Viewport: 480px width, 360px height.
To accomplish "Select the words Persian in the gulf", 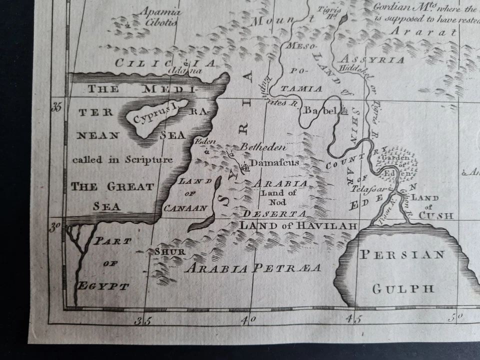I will [x=402, y=254].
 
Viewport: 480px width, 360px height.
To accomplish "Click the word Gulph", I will [x=402, y=288].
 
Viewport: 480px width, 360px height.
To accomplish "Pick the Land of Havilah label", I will [x=298, y=225].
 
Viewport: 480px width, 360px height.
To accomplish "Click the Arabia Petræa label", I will [x=253, y=268].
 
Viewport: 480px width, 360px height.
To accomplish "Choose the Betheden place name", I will [x=263, y=147].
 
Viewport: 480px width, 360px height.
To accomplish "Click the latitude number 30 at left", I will [x=55, y=227].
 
